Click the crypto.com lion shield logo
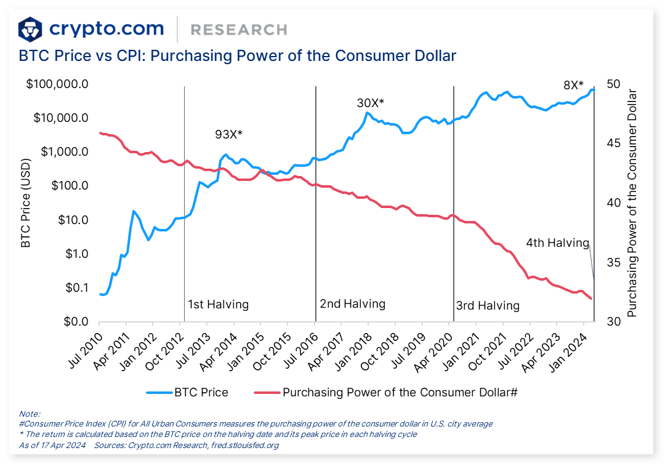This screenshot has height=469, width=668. (x=30, y=30)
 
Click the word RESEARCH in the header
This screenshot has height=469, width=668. (x=238, y=30)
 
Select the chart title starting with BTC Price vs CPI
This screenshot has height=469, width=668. (x=238, y=56)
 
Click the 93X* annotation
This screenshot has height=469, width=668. (x=228, y=134)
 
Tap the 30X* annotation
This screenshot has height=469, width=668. (x=370, y=103)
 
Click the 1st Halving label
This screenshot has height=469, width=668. (x=218, y=305)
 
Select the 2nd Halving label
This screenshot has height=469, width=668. (x=352, y=304)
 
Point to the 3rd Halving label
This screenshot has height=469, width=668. (x=488, y=306)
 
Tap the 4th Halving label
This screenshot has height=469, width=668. (x=557, y=243)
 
